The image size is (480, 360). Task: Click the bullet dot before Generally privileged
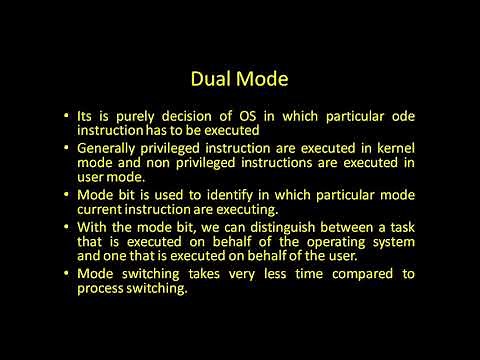tap(66, 147)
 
